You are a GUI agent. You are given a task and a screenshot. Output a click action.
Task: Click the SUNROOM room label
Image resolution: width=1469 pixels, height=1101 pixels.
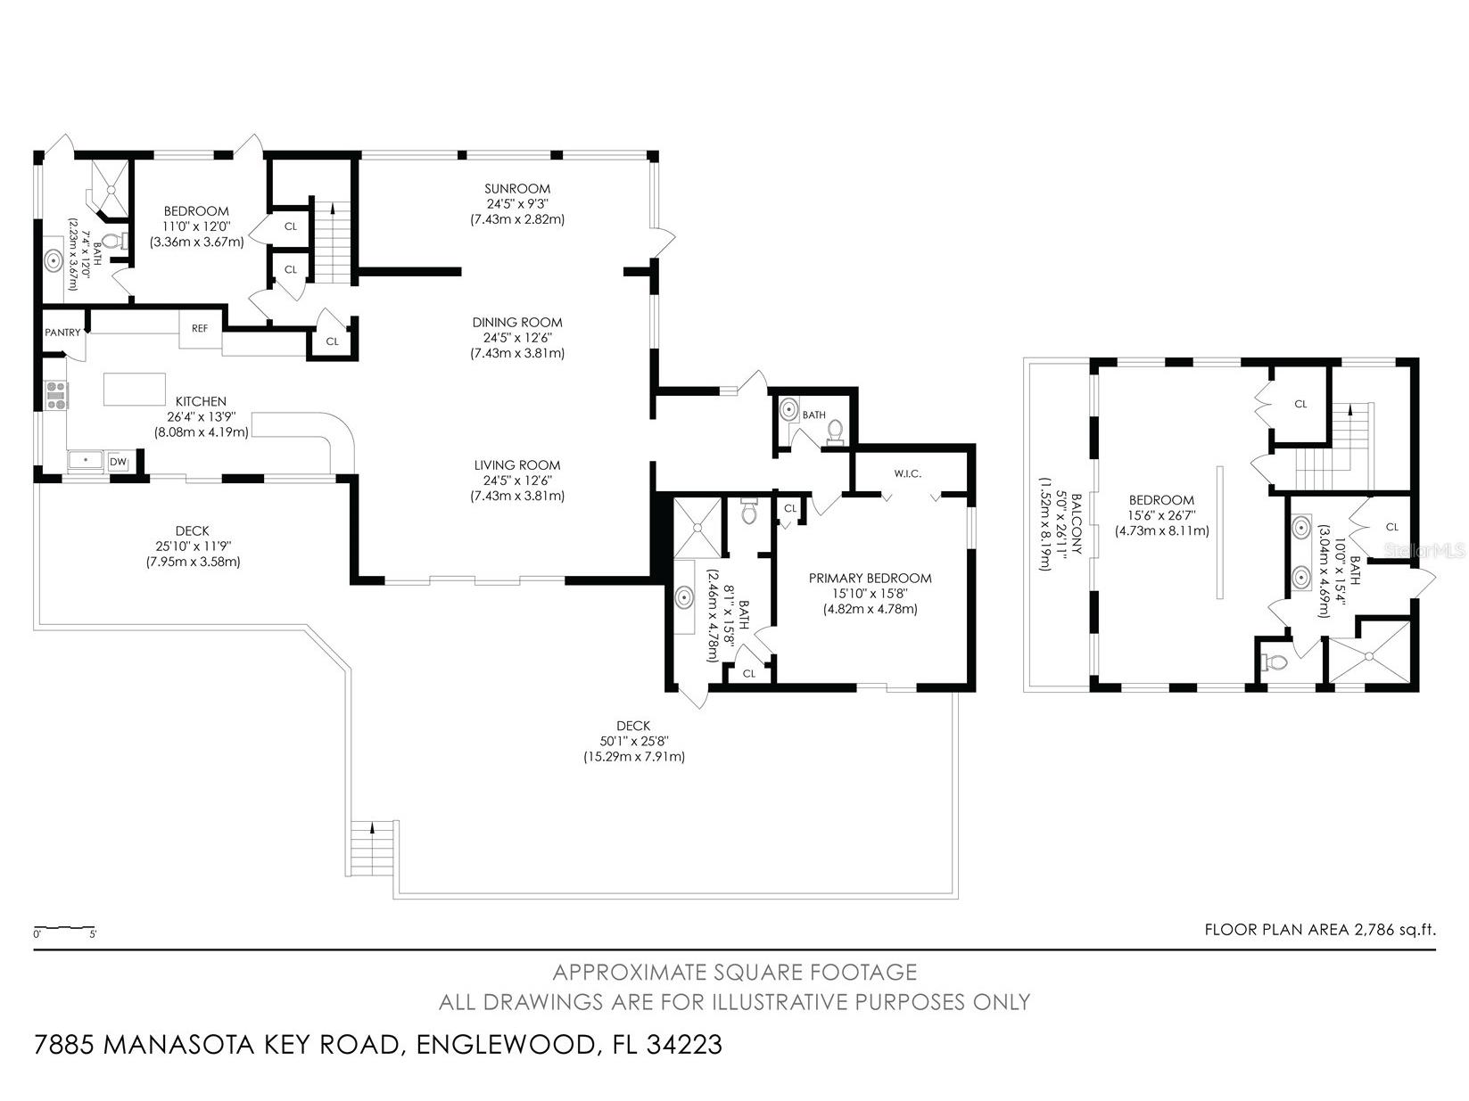(x=517, y=188)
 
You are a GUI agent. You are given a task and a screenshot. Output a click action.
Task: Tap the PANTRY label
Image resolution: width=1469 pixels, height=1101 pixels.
(x=62, y=333)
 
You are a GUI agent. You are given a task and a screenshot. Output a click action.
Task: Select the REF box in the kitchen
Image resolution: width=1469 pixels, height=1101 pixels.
(x=200, y=328)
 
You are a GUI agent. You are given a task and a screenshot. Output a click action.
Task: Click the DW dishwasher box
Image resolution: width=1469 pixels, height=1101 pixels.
(x=118, y=462)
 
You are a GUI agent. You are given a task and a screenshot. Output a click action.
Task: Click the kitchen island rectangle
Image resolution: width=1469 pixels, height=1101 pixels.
(x=135, y=389)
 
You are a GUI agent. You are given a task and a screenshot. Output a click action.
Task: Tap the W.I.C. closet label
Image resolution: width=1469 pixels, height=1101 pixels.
(x=908, y=473)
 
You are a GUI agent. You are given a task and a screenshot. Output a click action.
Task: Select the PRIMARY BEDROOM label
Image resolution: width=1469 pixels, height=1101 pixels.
(x=870, y=578)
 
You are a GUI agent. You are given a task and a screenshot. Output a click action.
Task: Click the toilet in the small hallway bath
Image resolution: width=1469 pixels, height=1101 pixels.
(x=835, y=431)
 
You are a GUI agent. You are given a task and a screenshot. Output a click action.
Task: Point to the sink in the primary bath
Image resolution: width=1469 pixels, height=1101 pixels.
(x=685, y=596)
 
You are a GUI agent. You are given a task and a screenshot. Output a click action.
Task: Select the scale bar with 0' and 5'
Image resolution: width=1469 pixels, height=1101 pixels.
(x=64, y=931)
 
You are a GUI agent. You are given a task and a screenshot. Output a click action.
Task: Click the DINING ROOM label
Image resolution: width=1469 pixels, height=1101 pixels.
(x=517, y=323)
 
